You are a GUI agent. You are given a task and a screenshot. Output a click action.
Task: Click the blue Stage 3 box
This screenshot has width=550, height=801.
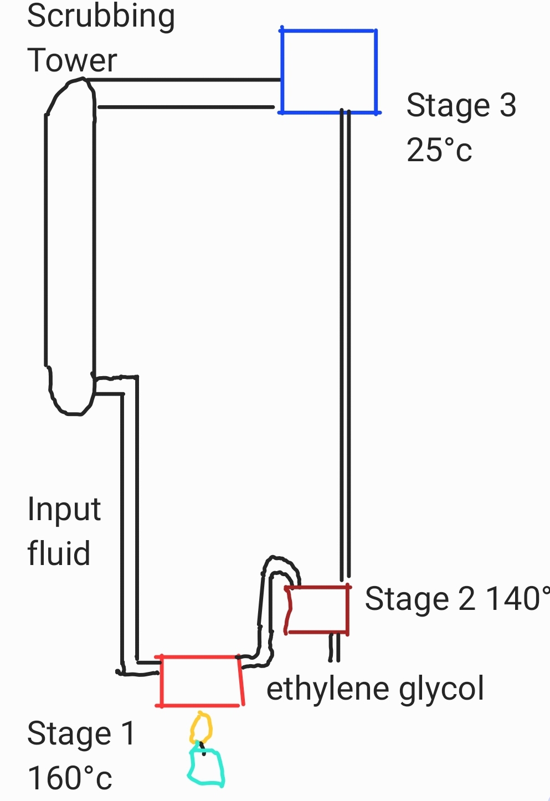(328, 71)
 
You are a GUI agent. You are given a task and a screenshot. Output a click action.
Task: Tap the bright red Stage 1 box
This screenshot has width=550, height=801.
(201, 681)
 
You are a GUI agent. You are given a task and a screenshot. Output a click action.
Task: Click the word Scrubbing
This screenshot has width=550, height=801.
(101, 17)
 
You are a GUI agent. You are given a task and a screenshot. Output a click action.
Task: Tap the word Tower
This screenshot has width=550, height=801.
(72, 60)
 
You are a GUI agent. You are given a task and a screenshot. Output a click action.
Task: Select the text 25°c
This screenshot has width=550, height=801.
(439, 150)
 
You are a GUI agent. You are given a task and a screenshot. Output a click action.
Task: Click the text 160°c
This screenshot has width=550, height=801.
(70, 778)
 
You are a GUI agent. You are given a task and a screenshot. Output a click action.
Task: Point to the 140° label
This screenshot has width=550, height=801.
(518, 599)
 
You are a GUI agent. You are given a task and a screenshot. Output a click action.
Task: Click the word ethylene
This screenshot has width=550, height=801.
(326, 689)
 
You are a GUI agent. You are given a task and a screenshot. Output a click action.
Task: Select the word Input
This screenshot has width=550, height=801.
(64, 510)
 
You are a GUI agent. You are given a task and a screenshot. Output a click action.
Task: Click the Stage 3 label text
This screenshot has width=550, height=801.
(461, 105)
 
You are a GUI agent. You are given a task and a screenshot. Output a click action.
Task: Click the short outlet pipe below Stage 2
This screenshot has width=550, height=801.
(334, 647)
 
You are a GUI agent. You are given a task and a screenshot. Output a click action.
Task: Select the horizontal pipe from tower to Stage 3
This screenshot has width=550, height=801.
(186, 94)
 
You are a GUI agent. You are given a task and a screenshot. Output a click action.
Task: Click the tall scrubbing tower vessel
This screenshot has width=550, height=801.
(70, 244)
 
